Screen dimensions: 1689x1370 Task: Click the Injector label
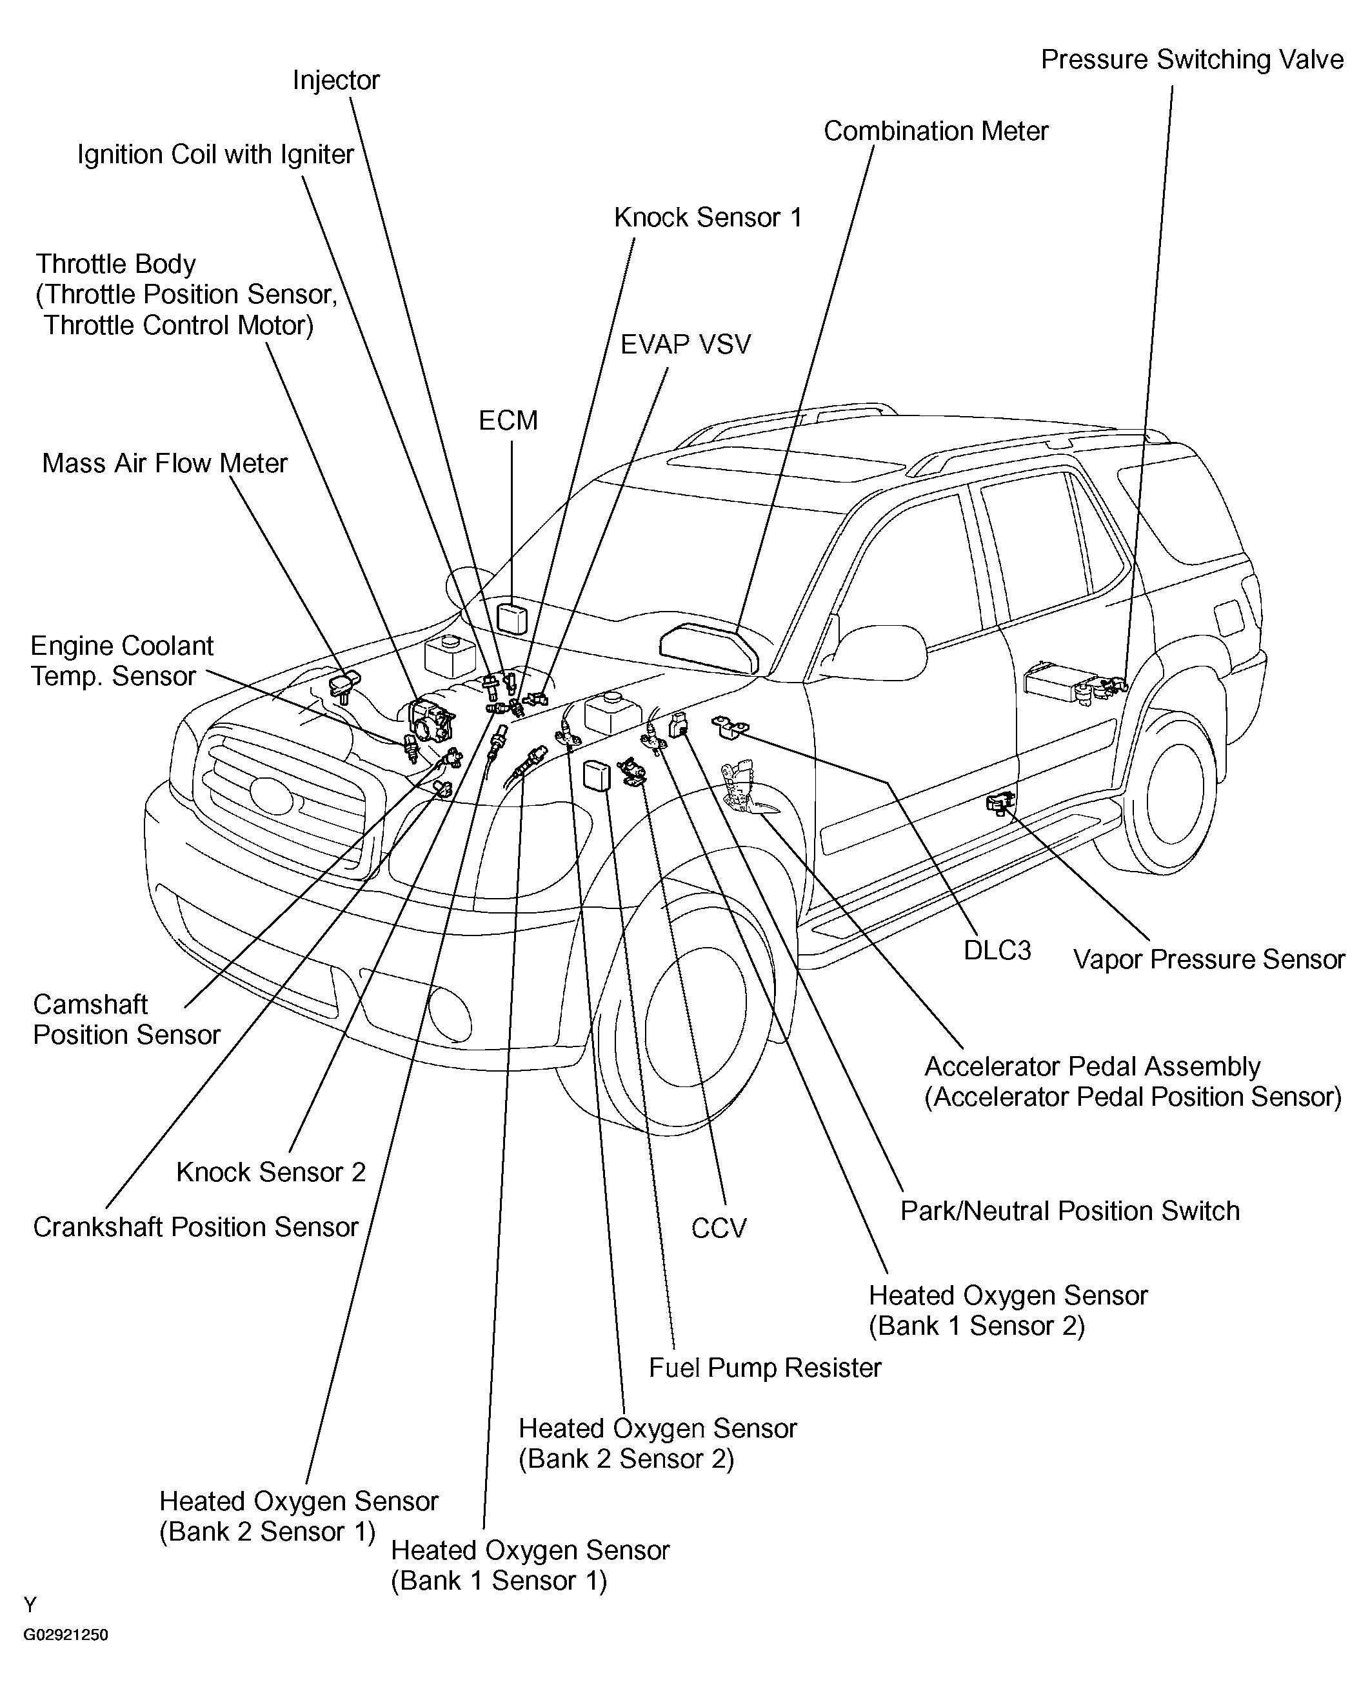tap(336, 81)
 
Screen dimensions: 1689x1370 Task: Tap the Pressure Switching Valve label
tap(1191, 60)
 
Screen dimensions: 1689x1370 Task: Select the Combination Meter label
tap(936, 131)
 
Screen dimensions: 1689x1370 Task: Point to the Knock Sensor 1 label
tap(708, 218)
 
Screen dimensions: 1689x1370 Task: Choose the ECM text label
tap(508, 421)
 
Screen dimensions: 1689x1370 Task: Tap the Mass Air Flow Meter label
tap(164, 463)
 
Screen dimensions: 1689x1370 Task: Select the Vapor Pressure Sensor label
tap(1208, 960)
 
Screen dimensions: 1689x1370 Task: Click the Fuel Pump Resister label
tap(765, 1368)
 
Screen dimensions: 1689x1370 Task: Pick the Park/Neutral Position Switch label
tap(1070, 1211)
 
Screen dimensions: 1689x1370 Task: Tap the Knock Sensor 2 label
tap(271, 1172)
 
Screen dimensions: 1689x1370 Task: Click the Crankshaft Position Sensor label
tap(195, 1226)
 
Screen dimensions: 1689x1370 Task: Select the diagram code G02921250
tap(66, 1635)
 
